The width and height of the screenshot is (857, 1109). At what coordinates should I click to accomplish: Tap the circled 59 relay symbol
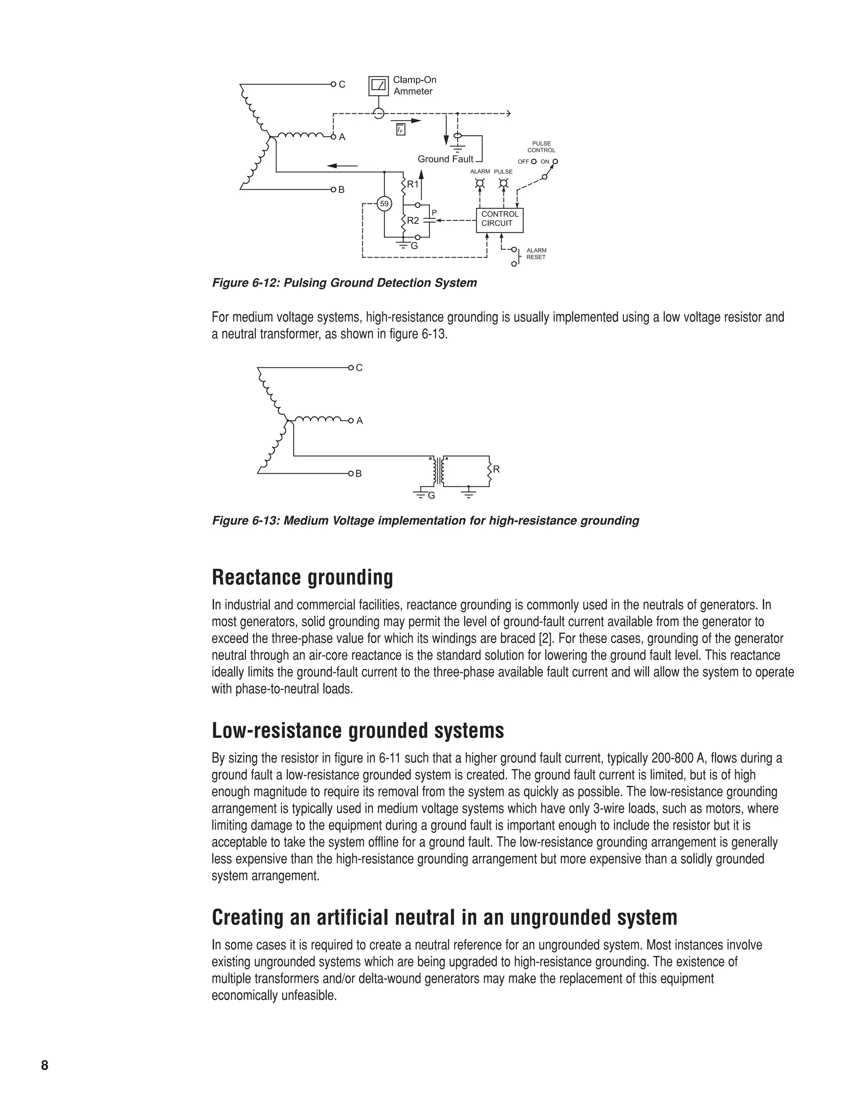(x=384, y=204)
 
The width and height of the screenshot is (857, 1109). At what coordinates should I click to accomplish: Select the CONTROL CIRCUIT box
(x=499, y=219)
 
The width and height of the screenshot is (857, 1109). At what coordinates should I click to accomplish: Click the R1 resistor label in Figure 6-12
(x=413, y=184)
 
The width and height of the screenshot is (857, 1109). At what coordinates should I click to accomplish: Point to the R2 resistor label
(x=413, y=221)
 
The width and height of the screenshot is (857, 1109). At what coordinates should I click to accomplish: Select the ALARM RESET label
(x=536, y=254)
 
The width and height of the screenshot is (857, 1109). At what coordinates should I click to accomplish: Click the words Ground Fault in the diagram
(x=445, y=159)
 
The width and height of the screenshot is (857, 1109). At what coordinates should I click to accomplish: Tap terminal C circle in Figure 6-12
(x=334, y=84)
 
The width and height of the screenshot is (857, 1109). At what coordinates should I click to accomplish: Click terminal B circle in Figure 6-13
(x=351, y=473)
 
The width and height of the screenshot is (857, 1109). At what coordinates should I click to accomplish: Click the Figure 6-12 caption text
(x=344, y=283)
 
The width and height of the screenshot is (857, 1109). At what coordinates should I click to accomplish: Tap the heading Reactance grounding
(x=302, y=578)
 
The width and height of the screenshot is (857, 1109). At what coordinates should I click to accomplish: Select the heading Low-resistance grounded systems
(x=357, y=731)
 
